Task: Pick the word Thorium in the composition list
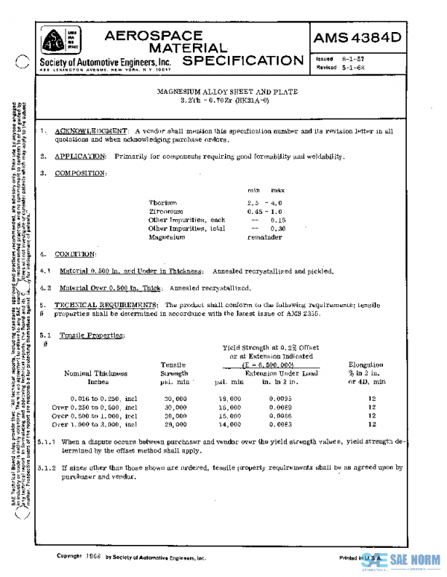[x=162, y=203]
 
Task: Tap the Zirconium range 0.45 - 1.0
[x=266, y=212]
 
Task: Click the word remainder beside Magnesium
[x=265, y=237]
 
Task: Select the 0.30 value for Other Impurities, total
[x=278, y=229]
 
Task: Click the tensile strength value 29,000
[x=175, y=424]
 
